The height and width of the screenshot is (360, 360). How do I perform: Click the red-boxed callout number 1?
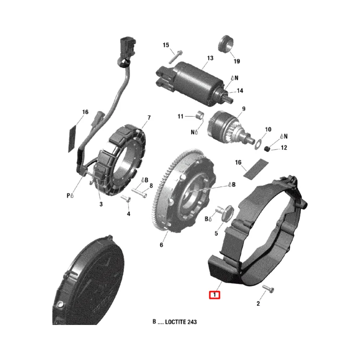pos(215,295)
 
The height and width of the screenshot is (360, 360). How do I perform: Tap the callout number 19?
pos(237,61)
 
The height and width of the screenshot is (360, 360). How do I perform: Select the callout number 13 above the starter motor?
pos(210,58)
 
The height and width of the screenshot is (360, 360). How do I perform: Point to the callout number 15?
pos(166,45)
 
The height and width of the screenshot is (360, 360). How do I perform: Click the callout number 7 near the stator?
pos(149,118)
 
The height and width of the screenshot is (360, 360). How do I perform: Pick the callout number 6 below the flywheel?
pos(161,245)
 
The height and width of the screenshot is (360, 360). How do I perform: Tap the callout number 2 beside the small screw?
pos(258,303)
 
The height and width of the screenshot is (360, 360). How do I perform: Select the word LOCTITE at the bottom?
pos(175,322)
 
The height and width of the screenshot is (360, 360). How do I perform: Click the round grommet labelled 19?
pos(226,44)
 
